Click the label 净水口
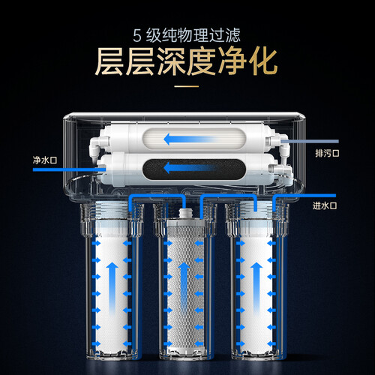[x=45, y=160]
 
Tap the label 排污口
[x=327, y=153]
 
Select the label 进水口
[x=325, y=205]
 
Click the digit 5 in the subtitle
[x=137, y=36]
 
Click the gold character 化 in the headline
[x=262, y=61]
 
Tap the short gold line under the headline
[x=187, y=87]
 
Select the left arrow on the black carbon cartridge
[x=190, y=168]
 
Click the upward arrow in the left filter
[x=112, y=288]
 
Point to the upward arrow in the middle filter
[x=184, y=288]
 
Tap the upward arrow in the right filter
[x=256, y=288]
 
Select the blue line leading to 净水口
[x=69, y=170]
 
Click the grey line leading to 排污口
[x=310, y=142]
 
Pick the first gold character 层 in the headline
[x=109, y=61]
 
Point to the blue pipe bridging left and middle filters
[x=157, y=196]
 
